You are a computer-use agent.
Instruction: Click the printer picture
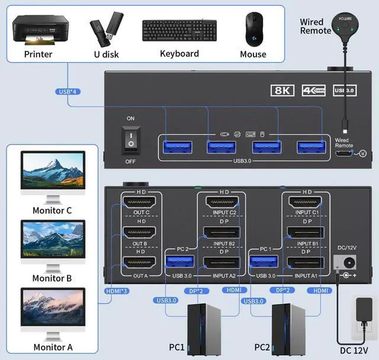pos(38,30)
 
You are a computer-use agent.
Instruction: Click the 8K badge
pos(281,91)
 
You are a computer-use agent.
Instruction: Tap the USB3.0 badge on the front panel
pos(344,91)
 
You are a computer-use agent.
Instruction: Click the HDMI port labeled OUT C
pos(139,202)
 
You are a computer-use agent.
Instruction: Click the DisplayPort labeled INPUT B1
pos(306,233)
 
